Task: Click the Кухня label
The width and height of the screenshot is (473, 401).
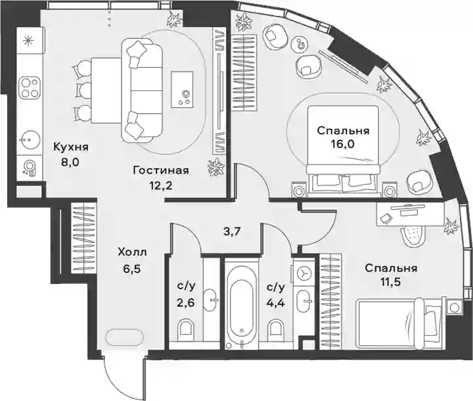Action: click(x=71, y=147)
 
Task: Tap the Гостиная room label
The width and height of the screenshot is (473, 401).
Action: click(x=161, y=171)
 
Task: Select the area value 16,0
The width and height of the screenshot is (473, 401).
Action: click(x=344, y=144)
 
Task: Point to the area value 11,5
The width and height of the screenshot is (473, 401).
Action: click(x=391, y=282)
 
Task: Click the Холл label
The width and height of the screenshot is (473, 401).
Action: click(x=132, y=252)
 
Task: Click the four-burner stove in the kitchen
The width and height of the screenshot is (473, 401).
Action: click(x=30, y=87)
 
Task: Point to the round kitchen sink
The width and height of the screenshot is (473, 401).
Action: click(x=29, y=139)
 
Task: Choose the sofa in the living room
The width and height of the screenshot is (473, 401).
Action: click(x=141, y=91)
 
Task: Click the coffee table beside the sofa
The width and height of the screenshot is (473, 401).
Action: click(x=182, y=89)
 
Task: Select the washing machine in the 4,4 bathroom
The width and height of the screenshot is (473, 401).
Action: click(x=302, y=273)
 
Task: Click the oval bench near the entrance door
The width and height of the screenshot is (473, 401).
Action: click(x=125, y=337)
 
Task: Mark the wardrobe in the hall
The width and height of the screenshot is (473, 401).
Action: click(x=83, y=237)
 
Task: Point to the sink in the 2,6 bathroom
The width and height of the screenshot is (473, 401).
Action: click(x=210, y=300)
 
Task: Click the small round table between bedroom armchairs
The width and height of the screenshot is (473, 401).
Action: click(x=300, y=44)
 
